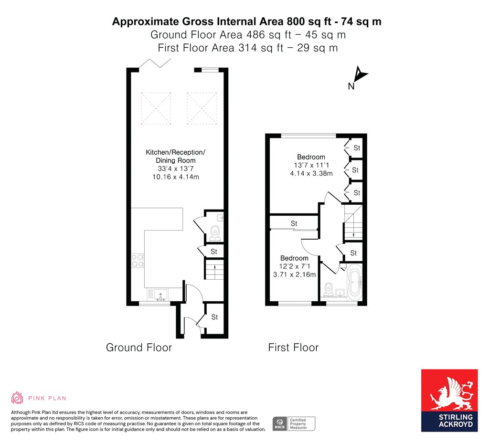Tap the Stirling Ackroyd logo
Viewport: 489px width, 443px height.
449,401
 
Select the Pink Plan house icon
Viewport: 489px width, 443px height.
17,398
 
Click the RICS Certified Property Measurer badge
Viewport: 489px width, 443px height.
294,424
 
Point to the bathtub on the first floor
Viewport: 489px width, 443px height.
355,283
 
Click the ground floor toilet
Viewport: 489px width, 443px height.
215,233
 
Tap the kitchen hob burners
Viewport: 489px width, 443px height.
138,261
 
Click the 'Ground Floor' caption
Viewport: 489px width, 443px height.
139,348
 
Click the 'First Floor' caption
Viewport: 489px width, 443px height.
293,348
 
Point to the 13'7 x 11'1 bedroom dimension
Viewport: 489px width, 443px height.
311,165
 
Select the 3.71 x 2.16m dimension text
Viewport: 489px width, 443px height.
294,274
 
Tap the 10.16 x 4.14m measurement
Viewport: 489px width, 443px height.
176,177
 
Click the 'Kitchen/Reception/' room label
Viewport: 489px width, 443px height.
176,152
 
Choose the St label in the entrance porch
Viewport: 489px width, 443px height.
214,317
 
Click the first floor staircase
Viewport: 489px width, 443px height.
353,223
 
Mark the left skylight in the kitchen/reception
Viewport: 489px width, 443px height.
156,108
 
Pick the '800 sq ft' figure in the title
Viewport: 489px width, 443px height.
307,21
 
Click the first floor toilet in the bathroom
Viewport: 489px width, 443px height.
328,289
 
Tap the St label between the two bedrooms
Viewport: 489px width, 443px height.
294,223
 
